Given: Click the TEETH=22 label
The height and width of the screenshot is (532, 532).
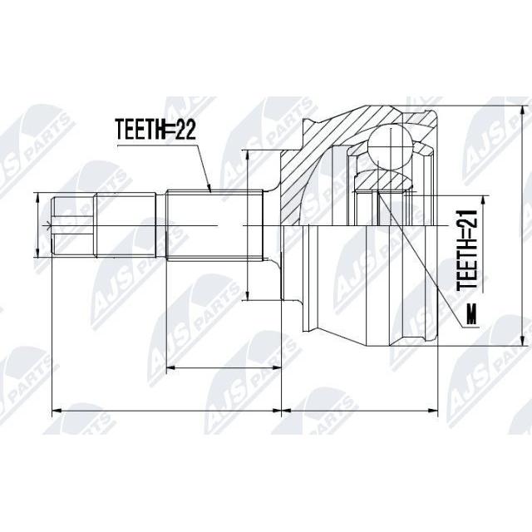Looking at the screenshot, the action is tap(155, 130).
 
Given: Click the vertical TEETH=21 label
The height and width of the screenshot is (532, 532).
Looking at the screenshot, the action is tap(467, 251).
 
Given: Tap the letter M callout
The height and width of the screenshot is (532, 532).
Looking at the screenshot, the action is tap(471, 314).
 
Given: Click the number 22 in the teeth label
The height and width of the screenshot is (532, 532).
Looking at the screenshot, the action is tap(185, 130).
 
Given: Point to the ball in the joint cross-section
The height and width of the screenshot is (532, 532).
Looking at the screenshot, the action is tap(391, 147).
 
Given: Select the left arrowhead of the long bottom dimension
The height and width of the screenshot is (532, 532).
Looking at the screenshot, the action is tap(57, 411).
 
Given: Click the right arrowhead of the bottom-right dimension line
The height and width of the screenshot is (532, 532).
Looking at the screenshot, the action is tap(433, 411).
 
